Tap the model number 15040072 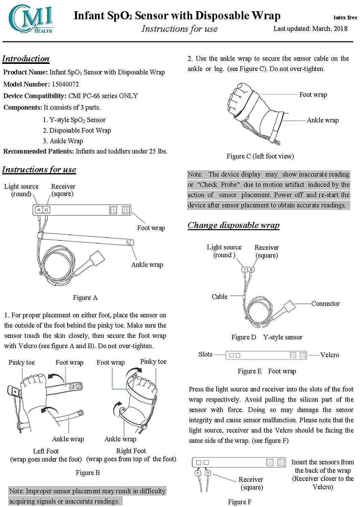point(65,84)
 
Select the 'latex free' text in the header point(345,18)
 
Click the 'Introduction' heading point(26,58)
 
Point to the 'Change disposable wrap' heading point(234,225)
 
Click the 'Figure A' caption point(85,297)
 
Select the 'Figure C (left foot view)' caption point(260,156)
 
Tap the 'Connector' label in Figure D point(325,304)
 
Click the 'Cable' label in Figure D point(219,296)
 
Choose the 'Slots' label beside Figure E point(206,354)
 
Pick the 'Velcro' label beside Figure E point(329,355)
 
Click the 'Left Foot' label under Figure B point(46,451)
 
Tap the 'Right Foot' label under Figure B point(131,451)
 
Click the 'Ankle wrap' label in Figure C point(322,120)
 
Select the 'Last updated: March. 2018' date point(310,28)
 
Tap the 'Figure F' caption point(240,502)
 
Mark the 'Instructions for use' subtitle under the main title point(179,29)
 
